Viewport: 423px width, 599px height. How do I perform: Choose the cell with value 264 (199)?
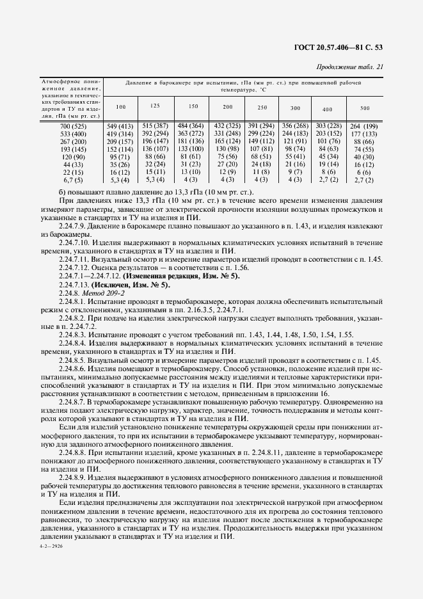click(x=364, y=127)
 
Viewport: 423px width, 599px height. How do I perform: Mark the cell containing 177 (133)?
click(x=364, y=134)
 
